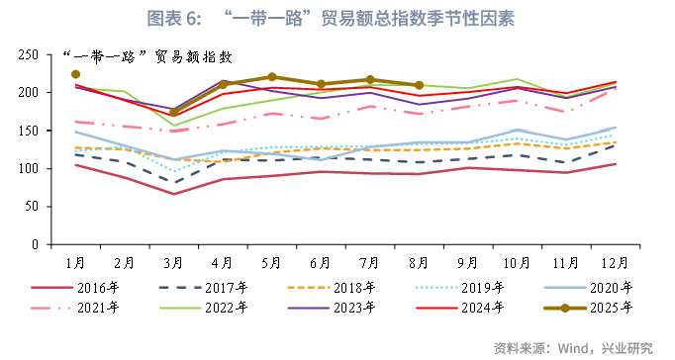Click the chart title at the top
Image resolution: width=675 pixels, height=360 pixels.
337,18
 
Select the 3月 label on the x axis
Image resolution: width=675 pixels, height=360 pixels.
173,263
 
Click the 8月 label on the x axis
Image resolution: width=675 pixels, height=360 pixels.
419,263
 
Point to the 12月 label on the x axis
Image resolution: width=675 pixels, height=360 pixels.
616,263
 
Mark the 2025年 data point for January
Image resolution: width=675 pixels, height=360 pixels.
75,74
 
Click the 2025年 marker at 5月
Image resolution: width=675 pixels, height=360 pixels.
272,77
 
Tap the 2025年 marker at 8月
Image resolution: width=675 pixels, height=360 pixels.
419,85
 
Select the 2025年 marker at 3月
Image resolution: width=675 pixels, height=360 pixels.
173,112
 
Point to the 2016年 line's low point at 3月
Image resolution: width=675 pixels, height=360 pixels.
173,194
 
